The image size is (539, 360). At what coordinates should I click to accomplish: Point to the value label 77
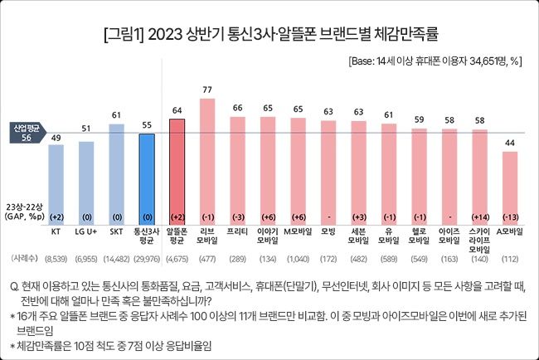pos(208,90)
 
